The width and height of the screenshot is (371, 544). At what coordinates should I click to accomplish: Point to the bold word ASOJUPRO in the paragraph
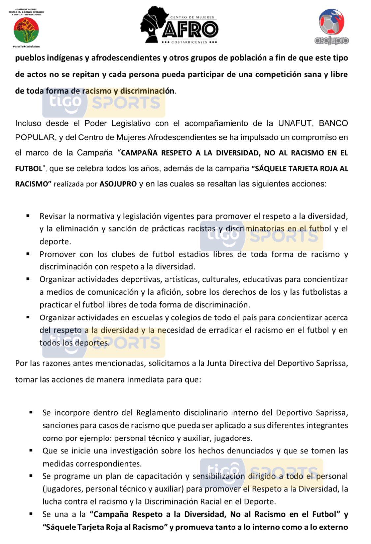118,184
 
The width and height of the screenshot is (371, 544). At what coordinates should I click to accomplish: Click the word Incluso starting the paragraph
28,123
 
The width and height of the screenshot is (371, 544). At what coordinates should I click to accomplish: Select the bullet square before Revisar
28,216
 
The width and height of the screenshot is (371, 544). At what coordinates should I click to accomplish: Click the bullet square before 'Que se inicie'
31,450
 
